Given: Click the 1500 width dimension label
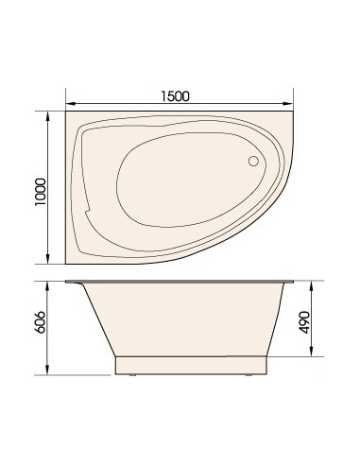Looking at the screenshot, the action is point(176,96).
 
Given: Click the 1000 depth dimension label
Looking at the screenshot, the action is point(41,192).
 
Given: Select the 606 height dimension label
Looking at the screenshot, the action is point(41,322).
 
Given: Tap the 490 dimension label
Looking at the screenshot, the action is point(304,322).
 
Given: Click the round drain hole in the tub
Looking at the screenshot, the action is point(253,161).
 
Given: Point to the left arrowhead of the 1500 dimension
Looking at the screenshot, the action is point(70,104).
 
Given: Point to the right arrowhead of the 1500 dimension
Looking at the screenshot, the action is point(288,104).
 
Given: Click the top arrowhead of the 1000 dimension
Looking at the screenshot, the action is point(47,116).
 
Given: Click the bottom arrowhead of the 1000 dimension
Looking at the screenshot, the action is point(47,259).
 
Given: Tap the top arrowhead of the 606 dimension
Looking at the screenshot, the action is point(47,285).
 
